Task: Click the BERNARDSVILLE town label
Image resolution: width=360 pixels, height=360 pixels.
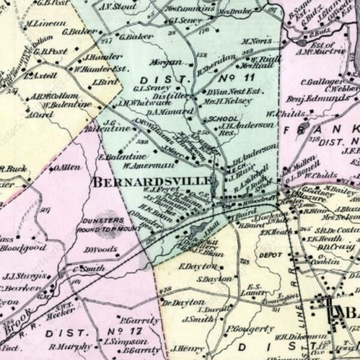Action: (152, 181)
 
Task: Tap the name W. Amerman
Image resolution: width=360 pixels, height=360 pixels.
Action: (140, 164)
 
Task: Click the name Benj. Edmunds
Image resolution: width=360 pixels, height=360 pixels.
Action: (310, 99)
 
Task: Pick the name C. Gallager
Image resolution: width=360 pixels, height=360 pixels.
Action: (321, 82)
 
